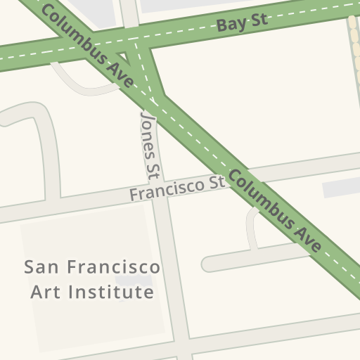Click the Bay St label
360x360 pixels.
coord(242,24)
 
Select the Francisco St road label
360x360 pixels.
coord(176,188)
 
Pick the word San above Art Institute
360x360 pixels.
coord(41,268)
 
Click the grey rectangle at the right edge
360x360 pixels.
coord(341,188)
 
